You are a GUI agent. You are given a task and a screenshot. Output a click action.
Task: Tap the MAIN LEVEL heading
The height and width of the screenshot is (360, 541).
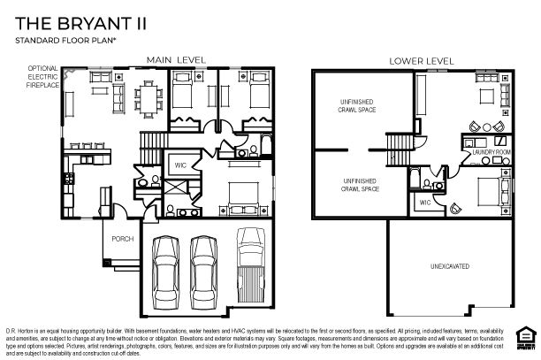click(x=176, y=60)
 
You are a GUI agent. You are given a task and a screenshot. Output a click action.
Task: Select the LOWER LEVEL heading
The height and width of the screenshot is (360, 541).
click(x=423, y=61)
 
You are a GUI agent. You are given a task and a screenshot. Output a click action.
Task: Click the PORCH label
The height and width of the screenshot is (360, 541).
click(x=122, y=239)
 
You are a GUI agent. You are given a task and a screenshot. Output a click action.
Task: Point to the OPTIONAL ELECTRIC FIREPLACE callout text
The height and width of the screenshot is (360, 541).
click(x=42, y=76)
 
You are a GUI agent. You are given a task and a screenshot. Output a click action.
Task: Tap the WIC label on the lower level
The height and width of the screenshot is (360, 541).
click(x=424, y=203)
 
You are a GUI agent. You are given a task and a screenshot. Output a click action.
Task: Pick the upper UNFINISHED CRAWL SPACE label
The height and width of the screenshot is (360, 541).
click(x=357, y=107)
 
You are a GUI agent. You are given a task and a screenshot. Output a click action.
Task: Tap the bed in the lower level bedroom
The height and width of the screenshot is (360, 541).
click(x=490, y=191)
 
